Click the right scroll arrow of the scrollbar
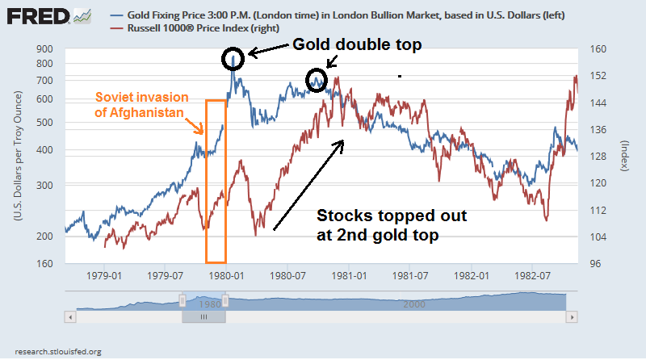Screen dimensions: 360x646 pos(573,319)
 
